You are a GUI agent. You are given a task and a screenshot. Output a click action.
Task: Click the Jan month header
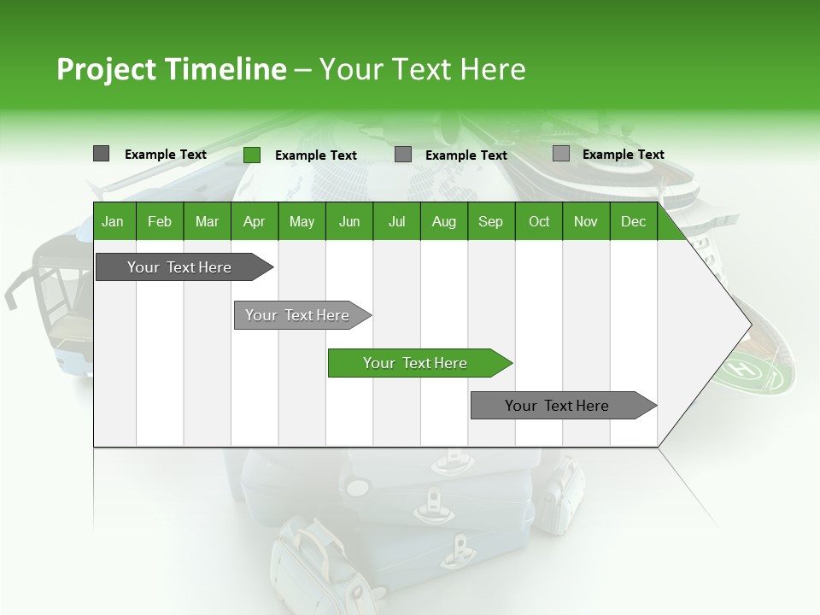[113, 221]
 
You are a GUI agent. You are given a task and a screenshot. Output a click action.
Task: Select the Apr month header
[254, 221]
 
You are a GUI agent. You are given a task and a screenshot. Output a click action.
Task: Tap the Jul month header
[396, 221]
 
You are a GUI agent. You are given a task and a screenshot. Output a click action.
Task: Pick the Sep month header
[490, 221]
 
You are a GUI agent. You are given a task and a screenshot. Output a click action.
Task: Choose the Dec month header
[633, 221]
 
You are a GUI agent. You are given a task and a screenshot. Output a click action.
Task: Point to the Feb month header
[160, 221]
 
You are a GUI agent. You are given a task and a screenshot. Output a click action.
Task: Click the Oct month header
[539, 221]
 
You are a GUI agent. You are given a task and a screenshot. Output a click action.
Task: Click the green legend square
[252, 155]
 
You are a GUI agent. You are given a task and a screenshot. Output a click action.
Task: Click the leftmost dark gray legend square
[101, 154]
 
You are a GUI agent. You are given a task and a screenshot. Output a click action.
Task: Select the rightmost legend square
[560, 154]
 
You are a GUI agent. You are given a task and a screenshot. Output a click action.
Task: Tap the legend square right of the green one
[403, 155]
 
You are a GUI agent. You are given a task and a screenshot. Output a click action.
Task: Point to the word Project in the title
[107, 69]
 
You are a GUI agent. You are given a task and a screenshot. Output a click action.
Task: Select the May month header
[302, 221]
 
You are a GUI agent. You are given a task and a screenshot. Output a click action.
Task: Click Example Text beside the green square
[315, 155]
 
